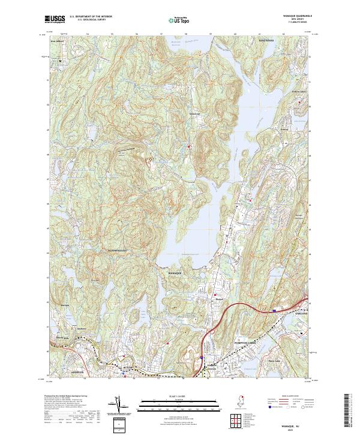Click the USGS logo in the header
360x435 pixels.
tap(55, 19)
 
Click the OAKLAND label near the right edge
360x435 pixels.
tap(301, 313)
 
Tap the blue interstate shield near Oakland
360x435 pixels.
tap(275, 311)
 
